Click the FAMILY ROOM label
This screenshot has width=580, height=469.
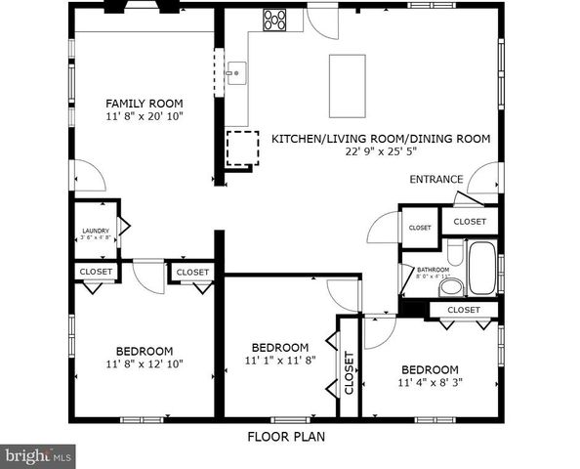tap(145, 104)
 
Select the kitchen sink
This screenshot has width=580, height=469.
tap(234, 71)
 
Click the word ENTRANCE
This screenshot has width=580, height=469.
tap(435, 180)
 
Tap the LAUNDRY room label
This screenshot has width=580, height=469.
tap(95, 232)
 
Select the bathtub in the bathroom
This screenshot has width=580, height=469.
tap(481, 271)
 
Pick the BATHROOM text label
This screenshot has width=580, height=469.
tap(433, 270)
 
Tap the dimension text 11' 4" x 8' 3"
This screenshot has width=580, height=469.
tap(431, 382)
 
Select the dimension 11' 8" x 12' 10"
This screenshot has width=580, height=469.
tap(145, 363)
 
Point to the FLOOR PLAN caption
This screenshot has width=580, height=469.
tap(286, 437)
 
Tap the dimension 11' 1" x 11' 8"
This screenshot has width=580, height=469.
tap(280, 361)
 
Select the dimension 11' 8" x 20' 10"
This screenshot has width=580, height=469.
tap(145, 116)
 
